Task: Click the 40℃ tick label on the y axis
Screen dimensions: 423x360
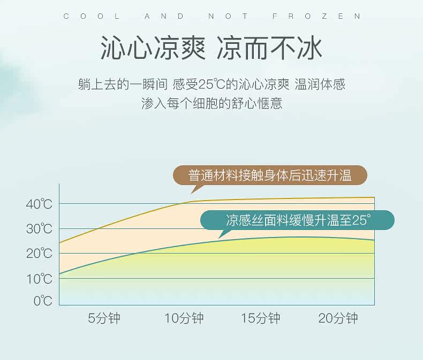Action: (39, 204)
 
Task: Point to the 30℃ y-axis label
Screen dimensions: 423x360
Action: (39, 229)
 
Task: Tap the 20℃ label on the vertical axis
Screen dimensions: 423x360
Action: (39, 254)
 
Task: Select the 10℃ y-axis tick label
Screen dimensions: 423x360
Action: (39, 279)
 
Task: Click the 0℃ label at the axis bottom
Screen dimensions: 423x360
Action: (43, 301)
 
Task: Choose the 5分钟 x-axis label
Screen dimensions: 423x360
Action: (104, 318)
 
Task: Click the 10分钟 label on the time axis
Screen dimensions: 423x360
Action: (184, 318)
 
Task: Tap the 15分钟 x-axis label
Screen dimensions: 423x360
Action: (261, 318)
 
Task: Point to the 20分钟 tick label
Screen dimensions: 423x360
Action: (338, 318)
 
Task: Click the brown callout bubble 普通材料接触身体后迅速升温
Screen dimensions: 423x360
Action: (270, 175)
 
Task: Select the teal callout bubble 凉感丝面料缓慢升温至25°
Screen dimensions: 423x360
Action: (297, 220)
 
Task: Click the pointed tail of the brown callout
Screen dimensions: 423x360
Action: (191, 193)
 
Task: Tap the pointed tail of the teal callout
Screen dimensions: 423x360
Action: (218, 238)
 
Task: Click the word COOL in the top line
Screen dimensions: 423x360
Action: (92, 17)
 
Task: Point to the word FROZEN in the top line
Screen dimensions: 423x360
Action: (316, 17)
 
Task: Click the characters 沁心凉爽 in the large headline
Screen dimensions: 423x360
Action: (153, 49)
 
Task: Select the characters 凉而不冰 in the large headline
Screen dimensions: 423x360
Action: (269, 49)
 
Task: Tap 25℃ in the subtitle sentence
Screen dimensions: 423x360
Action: (211, 84)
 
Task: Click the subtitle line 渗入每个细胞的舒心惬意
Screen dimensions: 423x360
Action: (212, 103)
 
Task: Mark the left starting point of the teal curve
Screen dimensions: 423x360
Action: (59, 274)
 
